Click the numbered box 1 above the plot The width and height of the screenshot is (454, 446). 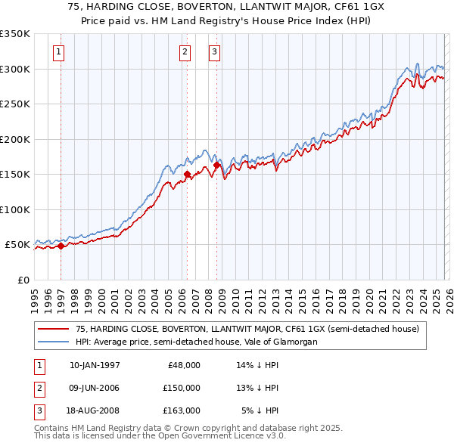pyautogui.click(x=59, y=52)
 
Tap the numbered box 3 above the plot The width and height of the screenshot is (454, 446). pyautogui.click(x=215, y=52)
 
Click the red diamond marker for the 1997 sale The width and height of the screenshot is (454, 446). pyautogui.click(x=61, y=246)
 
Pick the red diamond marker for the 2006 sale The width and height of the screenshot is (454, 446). pyautogui.click(x=187, y=174)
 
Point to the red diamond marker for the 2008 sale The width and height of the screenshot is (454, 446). pyautogui.click(x=216, y=165)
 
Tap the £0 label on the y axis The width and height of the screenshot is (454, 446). pyautogui.click(x=23, y=280)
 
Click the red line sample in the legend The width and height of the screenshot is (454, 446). pyautogui.click(x=54, y=329)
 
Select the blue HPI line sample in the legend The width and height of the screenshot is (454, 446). pyautogui.click(x=54, y=342)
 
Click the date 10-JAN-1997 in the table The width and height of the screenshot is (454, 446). pyautogui.click(x=95, y=365)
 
